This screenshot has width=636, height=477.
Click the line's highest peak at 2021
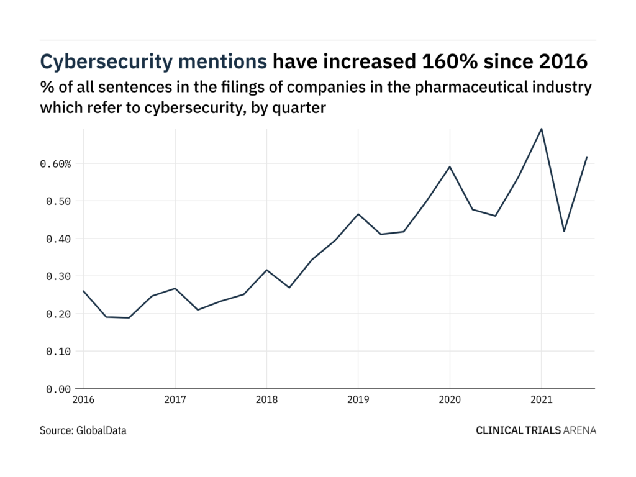point(541,129)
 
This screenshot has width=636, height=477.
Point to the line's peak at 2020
point(450,166)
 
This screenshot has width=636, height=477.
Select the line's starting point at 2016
point(83,291)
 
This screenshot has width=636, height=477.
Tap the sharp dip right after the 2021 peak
point(564,231)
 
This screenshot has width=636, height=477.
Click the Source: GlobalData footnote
point(83,430)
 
